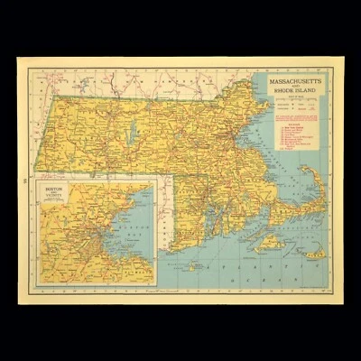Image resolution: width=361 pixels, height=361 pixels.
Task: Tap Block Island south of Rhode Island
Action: [x=192, y=267]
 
